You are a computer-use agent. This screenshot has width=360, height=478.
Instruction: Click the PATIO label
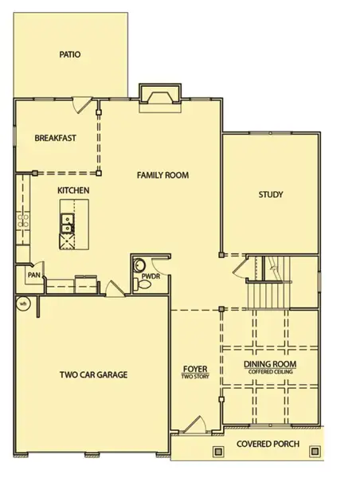(71, 55)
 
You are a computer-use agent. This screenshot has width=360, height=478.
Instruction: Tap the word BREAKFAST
(56, 138)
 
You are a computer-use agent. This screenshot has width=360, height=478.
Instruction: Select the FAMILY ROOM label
(166, 174)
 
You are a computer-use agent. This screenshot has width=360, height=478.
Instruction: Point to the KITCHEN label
(72, 191)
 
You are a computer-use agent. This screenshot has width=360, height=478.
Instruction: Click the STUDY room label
(271, 194)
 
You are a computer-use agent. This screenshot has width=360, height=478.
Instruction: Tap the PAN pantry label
(33, 275)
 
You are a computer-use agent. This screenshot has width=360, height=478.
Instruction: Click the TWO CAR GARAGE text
(94, 374)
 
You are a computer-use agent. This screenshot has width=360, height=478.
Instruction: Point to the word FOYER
(196, 368)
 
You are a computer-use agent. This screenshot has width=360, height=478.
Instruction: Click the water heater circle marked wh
(23, 303)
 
